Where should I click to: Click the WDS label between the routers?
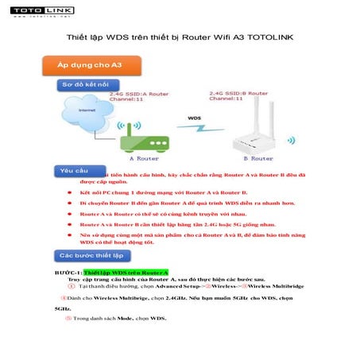point(194,118)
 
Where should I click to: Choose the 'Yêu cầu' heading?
point(72,170)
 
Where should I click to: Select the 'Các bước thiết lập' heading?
point(88,255)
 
